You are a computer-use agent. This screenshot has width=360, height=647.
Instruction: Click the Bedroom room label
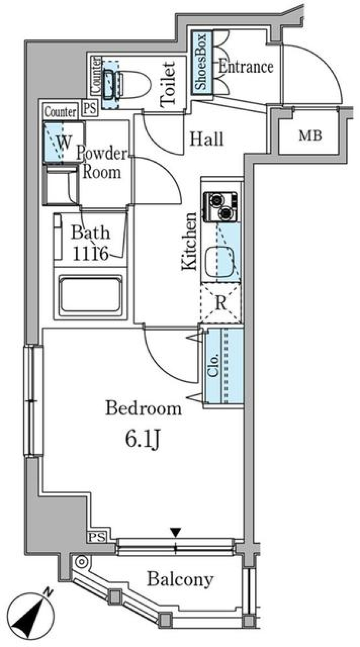tap(143, 408)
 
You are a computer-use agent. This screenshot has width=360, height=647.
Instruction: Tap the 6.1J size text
tap(142, 440)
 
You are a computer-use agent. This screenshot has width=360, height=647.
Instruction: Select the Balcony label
tap(180, 579)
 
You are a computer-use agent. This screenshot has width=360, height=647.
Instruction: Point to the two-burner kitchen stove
tap(220, 207)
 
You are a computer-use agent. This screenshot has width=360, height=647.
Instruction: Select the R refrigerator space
tap(221, 303)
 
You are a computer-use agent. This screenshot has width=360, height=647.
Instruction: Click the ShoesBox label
tap(202, 62)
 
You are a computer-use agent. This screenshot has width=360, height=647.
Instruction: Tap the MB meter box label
tap(310, 136)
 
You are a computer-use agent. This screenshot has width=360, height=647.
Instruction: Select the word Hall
tap(206, 139)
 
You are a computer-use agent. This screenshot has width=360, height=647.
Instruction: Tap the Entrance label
tap(246, 67)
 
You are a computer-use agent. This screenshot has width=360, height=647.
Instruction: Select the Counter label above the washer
tap(60, 112)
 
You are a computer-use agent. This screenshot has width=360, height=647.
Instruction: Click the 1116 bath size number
tap(90, 254)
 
